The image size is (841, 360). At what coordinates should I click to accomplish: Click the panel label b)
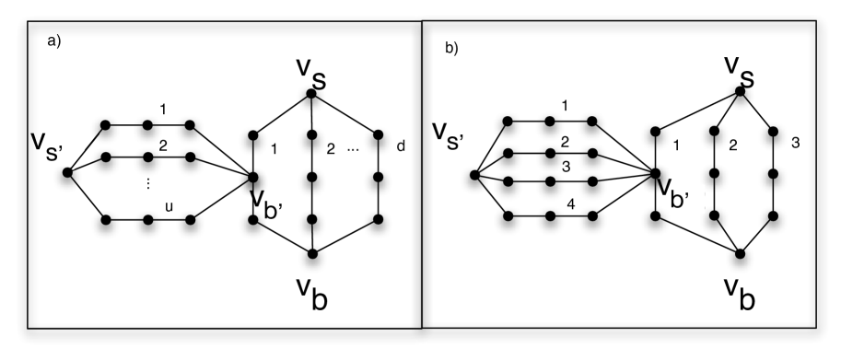[x=451, y=48]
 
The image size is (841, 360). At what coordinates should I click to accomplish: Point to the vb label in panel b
[x=742, y=294]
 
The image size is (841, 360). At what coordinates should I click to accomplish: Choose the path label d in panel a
[x=401, y=145]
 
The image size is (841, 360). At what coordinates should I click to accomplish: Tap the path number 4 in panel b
[x=571, y=205]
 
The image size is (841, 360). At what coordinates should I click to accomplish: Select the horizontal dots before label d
[x=355, y=145]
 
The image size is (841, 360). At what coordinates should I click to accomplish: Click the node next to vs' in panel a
[x=66, y=172]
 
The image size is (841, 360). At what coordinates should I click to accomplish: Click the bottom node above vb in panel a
[x=313, y=253]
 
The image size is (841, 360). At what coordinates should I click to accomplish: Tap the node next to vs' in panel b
[x=473, y=174]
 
